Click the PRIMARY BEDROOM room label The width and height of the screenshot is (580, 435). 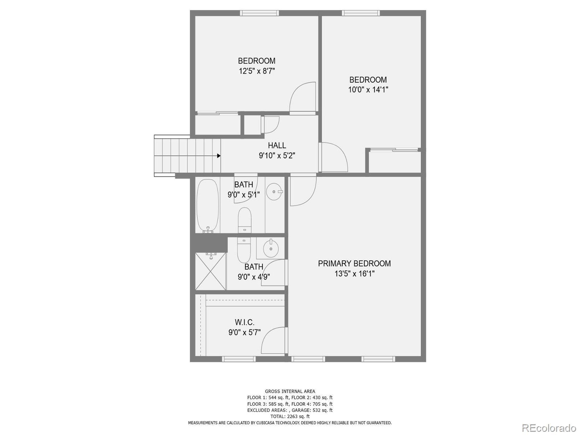pos(354,263)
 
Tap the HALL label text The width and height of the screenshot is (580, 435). pos(277,145)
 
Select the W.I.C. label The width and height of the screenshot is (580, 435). pos(244,322)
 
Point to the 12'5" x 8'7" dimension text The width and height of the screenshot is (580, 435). pos(257,71)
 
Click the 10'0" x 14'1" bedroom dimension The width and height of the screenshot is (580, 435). pos(368,90)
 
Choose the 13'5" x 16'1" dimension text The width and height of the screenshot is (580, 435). pos(354,274)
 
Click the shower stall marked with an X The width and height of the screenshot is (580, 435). pos(210,271)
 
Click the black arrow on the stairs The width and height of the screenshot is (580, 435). pos(219,156)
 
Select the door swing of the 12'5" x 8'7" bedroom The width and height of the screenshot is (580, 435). pos(303,97)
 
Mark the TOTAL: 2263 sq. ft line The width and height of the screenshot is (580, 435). pos(290,416)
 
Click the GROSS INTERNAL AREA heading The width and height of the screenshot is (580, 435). pos(290,391)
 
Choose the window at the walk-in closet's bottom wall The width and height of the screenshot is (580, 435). pos(239,359)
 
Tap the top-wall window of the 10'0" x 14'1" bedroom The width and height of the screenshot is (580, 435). pos(360,13)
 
